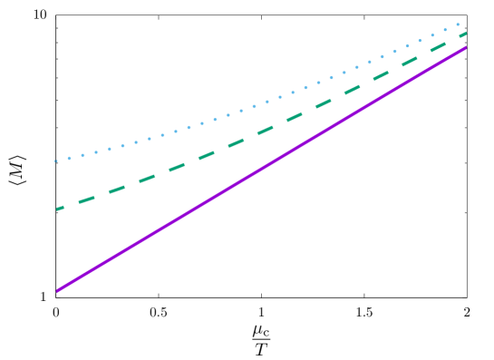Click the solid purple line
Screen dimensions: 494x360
point(261,169)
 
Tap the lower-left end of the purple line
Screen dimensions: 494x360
point(56,291)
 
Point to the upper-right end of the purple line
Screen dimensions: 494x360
point(466,47)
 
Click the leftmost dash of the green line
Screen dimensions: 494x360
point(61,208)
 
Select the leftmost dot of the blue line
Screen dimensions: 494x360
point(56,161)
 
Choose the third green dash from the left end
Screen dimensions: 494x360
point(118,189)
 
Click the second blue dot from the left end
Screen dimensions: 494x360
point(69,159)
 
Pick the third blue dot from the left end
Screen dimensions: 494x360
point(82,155)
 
